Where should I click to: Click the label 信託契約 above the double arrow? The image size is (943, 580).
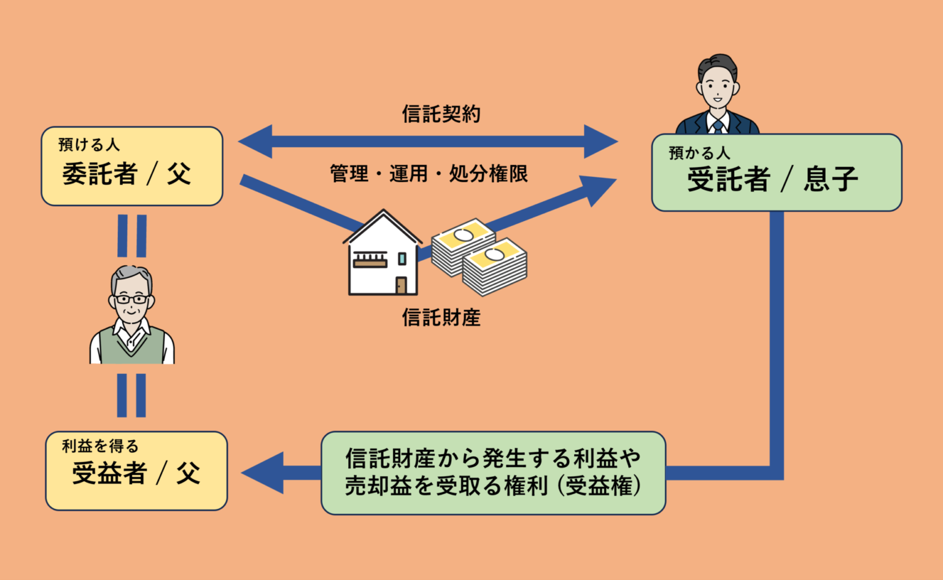pos(441,114)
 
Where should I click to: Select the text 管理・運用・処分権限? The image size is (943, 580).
pos(429,174)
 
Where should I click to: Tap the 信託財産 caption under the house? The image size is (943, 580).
pos(441,317)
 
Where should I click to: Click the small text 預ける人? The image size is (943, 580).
pos(89,144)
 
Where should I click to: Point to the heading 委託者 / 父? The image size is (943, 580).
pos(127,174)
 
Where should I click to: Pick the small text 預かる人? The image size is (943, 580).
pos(699,153)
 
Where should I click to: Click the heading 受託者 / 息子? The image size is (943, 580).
pos(773,179)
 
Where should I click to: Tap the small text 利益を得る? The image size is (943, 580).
pos(100,446)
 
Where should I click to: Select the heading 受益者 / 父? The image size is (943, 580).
pos(136,473)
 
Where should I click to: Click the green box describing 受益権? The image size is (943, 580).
pos(493,473)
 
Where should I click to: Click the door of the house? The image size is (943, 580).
pos(401,285)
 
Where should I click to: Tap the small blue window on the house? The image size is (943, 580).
pos(402,258)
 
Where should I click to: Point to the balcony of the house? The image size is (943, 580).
pos(370,260)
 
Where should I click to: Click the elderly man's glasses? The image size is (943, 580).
pos(132,300)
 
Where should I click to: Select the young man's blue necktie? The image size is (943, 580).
pos(718,126)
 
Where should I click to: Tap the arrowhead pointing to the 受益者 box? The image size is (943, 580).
pos(263,473)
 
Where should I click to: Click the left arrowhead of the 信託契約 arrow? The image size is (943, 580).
pos(255,141)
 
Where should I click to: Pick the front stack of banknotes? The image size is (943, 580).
pos(495,267)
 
